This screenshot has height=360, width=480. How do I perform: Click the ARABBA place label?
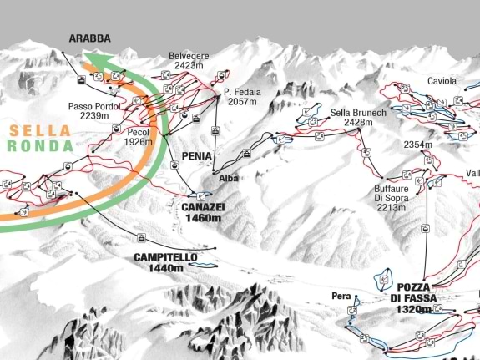tap(89, 38)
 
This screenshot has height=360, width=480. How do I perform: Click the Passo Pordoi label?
tap(95, 106)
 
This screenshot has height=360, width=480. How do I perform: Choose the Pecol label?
tap(138, 131)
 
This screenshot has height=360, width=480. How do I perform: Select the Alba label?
tap(229, 178)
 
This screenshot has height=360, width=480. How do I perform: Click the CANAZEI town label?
tap(203, 207)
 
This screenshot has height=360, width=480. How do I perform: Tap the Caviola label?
tap(442, 81)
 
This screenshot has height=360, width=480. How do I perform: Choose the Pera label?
tap(341, 296)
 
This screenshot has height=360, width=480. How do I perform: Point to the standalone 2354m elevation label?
tap(417, 145)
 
